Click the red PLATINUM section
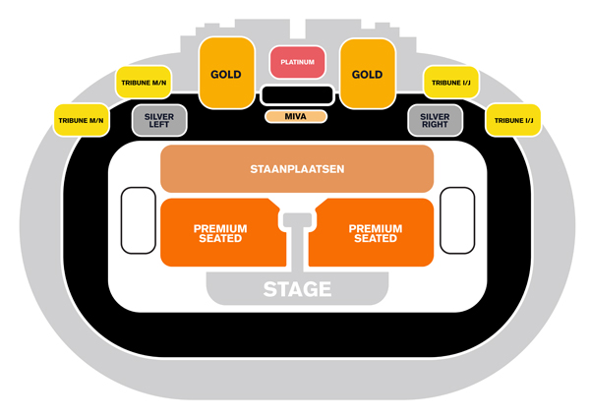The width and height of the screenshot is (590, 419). (x=297, y=62)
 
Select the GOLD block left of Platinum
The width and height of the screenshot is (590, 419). (x=226, y=75)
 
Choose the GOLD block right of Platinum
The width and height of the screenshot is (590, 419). (x=367, y=75)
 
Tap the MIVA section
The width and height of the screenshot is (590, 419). (x=296, y=117)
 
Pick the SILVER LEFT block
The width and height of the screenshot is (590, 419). (x=159, y=120)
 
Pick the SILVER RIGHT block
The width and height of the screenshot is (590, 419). (x=435, y=120)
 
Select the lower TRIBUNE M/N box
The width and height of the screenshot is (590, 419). (x=81, y=120)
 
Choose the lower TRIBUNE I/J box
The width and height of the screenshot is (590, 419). (x=512, y=120)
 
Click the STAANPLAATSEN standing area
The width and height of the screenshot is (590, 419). (x=297, y=169)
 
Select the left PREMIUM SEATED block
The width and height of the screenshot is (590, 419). (x=220, y=233)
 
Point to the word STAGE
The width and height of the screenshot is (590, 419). (x=297, y=289)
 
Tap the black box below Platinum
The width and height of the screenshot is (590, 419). (x=296, y=95)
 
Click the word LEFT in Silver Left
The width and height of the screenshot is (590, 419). (x=159, y=126)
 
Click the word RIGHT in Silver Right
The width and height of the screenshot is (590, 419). (x=435, y=126)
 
